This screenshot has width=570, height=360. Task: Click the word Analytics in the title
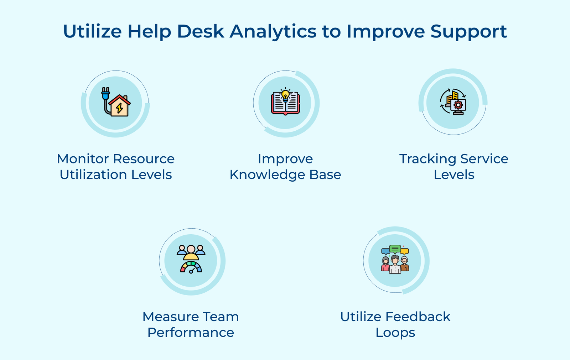(x=273, y=31)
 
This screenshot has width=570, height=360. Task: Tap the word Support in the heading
(x=468, y=31)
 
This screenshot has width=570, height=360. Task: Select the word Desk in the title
(x=200, y=31)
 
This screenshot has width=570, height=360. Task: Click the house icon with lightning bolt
(x=120, y=106)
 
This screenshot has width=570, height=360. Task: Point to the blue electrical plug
(x=105, y=94)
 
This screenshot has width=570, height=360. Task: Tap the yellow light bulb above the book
(x=285, y=95)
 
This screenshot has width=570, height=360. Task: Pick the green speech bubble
(x=395, y=249)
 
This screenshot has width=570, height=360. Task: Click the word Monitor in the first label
(x=83, y=159)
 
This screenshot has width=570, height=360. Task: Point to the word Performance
(x=191, y=333)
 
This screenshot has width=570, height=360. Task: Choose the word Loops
(x=395, y=333)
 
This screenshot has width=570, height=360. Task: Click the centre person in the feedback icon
(x=395, y=265)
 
